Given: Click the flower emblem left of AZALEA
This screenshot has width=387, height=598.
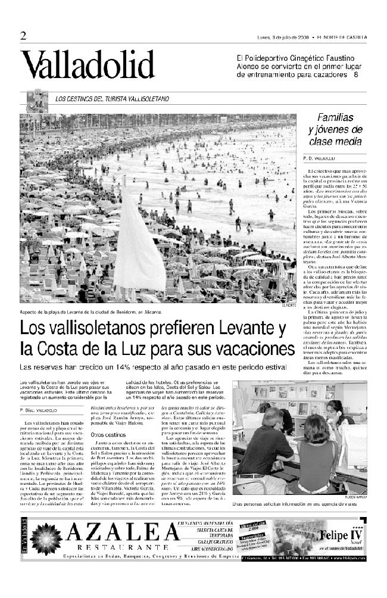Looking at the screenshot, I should coord(45,538).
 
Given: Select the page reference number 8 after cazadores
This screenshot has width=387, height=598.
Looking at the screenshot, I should coord(355,75).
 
